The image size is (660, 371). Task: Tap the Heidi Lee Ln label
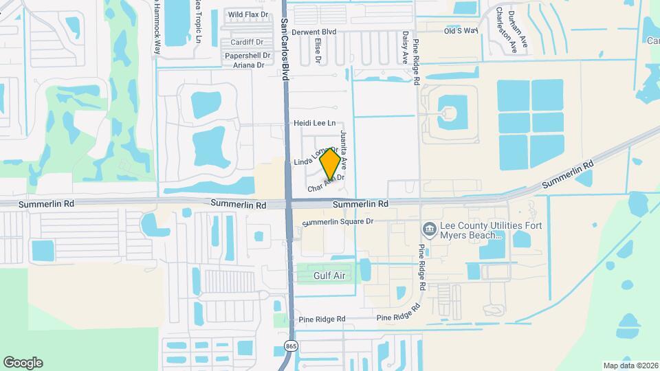tap(314, 124)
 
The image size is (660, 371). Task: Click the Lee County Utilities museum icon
tap(429, 228)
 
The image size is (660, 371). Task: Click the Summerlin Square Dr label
tap(338, 222)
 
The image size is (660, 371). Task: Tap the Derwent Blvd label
tap(313, 32)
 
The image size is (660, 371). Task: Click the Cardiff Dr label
tap(247, 43)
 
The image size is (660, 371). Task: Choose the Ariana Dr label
tap(248, 65)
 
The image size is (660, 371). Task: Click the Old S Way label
tap(461, 31)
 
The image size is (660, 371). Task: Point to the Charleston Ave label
tap(509, 30)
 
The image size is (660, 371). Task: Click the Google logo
tap(23, 363)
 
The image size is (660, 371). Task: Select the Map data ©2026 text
tap(629, 366)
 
